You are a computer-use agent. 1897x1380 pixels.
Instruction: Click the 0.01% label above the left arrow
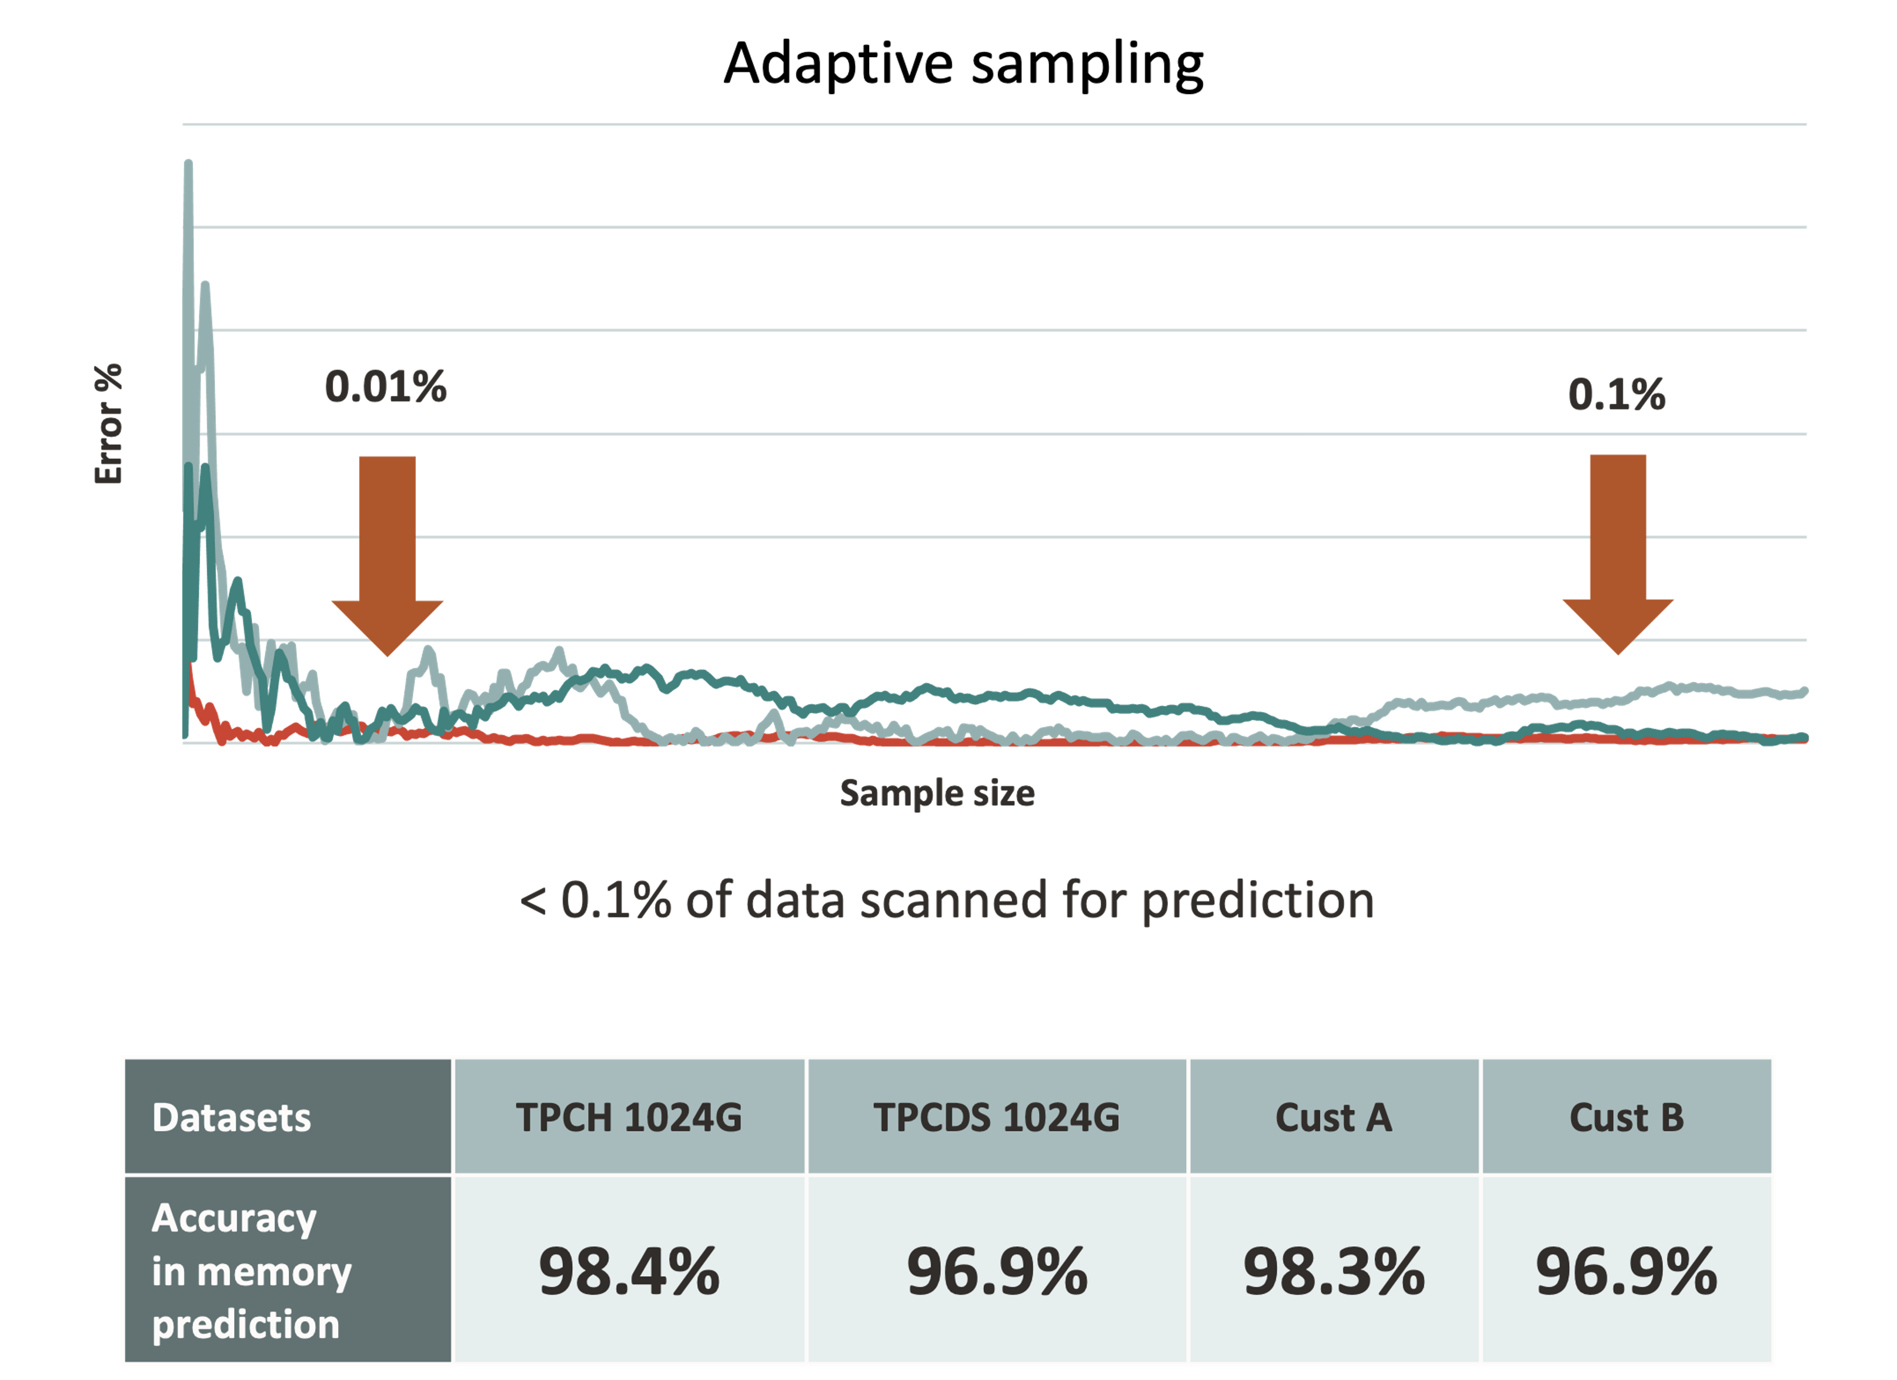(x=386, y=388)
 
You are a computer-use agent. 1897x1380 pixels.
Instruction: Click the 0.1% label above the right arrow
(x=1616, y=394)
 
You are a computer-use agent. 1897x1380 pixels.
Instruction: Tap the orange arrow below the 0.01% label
(x=388, y=552)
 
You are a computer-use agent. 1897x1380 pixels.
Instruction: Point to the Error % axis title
(x=109, y=424)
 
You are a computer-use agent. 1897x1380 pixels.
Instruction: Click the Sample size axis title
(x=937, y=792)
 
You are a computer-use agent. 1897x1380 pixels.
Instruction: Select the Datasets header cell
(x=231, y=1117)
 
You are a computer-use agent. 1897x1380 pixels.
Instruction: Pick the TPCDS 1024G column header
(x=996, y=1117)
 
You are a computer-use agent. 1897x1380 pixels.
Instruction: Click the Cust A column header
(x=1333, y=1117)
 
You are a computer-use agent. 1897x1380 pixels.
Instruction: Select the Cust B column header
(x=1626, y=1117)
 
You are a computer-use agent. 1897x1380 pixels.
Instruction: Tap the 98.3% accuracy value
(x=1333, y=1271)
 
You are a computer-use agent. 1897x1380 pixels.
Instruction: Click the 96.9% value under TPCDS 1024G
(x=996, y=1271)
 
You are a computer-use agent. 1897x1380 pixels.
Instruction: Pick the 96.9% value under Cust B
(x=1626, y=1271)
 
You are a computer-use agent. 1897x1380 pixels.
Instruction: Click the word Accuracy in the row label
(x=234, y=1218)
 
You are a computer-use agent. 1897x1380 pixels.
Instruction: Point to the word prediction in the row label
(x=246, y=1325)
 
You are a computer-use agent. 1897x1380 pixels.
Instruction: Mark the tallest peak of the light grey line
(x=188, y=163)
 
